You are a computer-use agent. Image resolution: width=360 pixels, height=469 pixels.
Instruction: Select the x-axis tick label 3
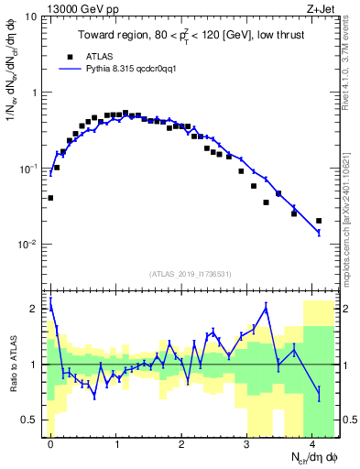coord(247,443)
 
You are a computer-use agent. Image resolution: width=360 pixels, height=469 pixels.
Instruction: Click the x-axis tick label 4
coord(312,443)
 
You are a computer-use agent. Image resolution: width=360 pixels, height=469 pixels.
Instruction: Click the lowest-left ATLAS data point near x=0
coord(50,198)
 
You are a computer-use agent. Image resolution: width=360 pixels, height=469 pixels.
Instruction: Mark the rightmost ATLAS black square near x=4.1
coord(319,221)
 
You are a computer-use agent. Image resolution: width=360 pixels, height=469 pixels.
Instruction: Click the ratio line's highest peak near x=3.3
coord(267,308)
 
